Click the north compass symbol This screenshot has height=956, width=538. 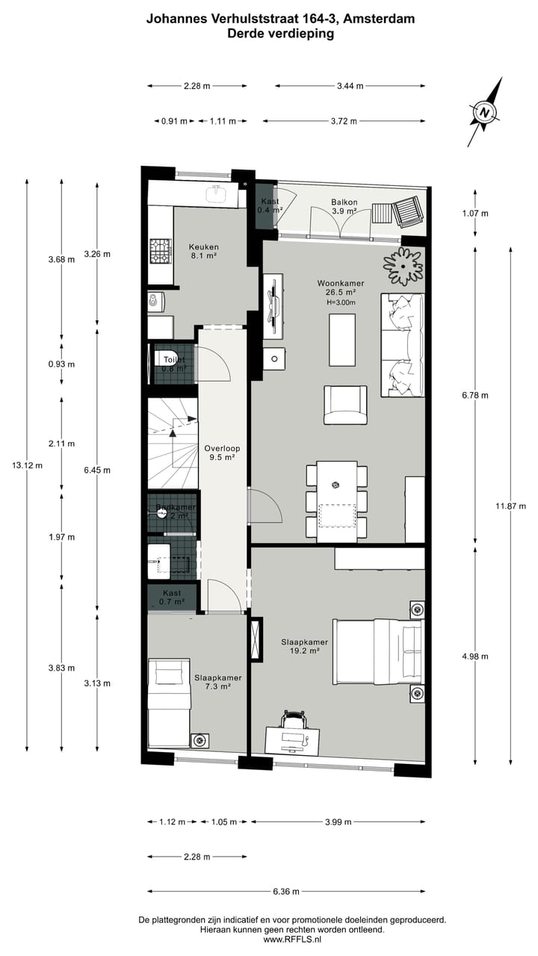click(x=485, y=113)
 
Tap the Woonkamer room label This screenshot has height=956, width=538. click(x=340, y=288)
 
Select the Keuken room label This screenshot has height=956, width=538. click(x=203, y=252)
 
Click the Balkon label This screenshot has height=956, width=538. click(x=344, y=207)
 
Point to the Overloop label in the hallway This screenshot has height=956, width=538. click(x=222, y=453)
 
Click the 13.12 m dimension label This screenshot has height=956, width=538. click(x=27, y=465)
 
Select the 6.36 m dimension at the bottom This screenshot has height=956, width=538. click(x=286, y=892)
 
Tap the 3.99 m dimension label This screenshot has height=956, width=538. click(x=338, y=822)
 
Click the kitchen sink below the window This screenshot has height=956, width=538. click(x=217, y=194)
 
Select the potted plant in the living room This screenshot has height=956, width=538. click(x=403, y=266)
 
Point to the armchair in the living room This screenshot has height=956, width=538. click(x=345, y=405)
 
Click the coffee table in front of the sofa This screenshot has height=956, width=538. click(x=342, y=340)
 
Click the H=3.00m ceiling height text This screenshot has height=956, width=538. click(x=341, y=302)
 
